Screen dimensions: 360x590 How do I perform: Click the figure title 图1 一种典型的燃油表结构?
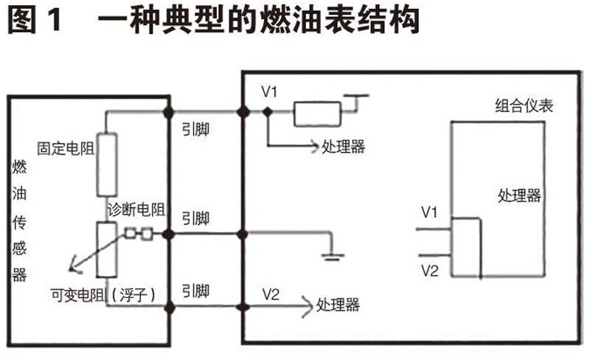[x=214, y=20]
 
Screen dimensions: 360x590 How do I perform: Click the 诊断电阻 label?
[x=136, y=210]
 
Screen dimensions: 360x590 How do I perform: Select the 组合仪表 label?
[x=523, y=106]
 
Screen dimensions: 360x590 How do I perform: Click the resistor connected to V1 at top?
[x=317, y=113]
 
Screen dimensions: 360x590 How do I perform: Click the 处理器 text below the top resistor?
[x=344, y=147]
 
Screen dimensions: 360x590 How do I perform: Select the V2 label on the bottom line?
[x=271, y=294]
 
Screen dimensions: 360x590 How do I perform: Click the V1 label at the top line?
[x=269, y=93]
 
